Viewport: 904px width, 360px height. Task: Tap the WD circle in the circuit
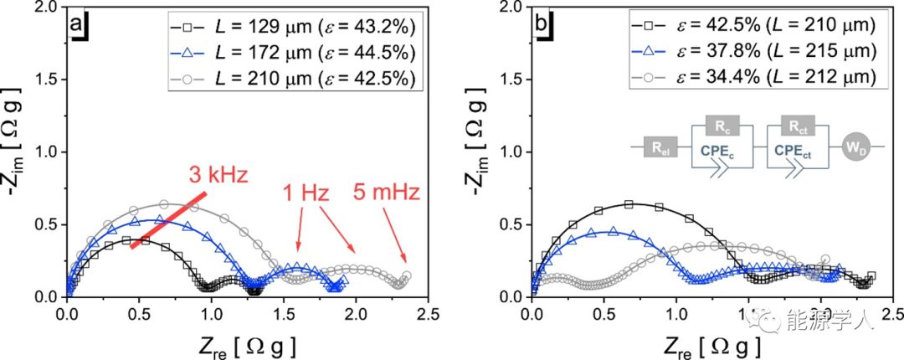851,148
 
